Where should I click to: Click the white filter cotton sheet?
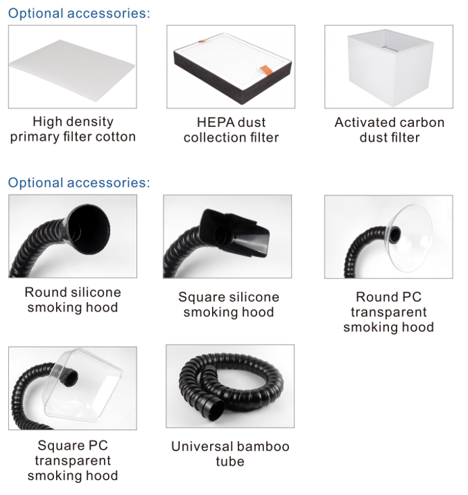click(x=72, y=69)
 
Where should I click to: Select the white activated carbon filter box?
click(x=390, y=67)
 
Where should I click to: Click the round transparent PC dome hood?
click(x=411, y=238)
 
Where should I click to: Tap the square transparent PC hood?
click(x=82, y=385)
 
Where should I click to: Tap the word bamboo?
click(x=264, y=446)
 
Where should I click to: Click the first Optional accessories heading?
click(x=79, y=13)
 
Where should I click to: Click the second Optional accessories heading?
click(x=79, y=183)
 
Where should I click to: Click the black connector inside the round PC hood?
click(x=394, y=235)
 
